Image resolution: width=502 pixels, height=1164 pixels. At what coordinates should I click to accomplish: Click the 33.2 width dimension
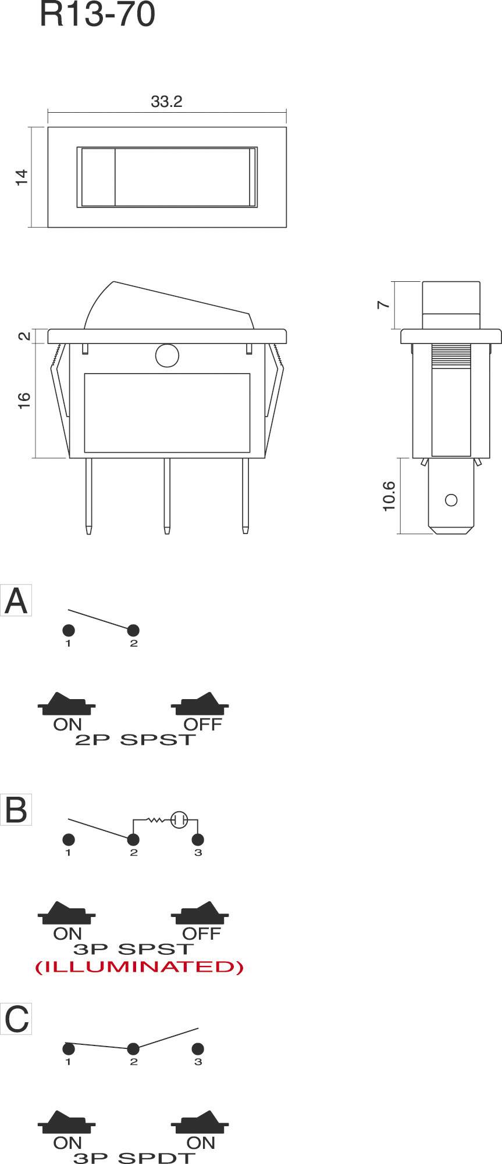pyautogui.click(x=166, y=102)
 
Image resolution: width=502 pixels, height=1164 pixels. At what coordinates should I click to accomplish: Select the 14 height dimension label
pyautogui.click(x=22, y=177)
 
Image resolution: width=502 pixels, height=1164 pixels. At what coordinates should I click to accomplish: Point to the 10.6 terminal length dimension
pyautogui.click(x=389, y=496)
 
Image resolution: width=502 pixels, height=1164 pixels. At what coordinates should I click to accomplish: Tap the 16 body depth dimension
pyautogui.click(x=24, y=401)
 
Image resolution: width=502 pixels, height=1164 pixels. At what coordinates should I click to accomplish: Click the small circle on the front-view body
pyautogui.click(x=166, y=356)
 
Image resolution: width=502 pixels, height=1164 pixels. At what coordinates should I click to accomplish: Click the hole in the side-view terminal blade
pyautogui.click(x=450, y=500)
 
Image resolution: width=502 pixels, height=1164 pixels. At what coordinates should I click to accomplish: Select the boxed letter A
pyautogui.click(x=16, y=601)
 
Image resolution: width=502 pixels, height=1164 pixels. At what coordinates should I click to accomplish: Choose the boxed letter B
pyautogui.click(x=16, y=810)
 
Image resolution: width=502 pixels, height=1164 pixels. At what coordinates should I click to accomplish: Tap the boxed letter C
pyautogui.click(x=16, y=1019)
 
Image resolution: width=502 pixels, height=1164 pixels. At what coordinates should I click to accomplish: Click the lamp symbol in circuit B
pyautogui.click(x=179, y=820)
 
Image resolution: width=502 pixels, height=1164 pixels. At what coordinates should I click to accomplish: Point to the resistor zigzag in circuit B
pyautogui.click(x=156, y=820)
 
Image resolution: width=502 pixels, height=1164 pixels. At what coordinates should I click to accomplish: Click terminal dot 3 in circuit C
pyautogui.click(x=198, y=1049)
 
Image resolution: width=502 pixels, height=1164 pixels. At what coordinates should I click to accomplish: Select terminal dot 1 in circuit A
pyautogui.click(x=68, y=630)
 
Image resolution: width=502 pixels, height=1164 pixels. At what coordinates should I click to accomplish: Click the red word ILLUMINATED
pyautogui.click(x=139, y=967)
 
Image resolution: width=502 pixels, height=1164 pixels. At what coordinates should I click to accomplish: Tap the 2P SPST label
pyautogui.click(x=134, y=740)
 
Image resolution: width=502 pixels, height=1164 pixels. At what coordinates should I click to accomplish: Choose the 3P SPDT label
pyautogui.click(x=134, y=1158)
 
